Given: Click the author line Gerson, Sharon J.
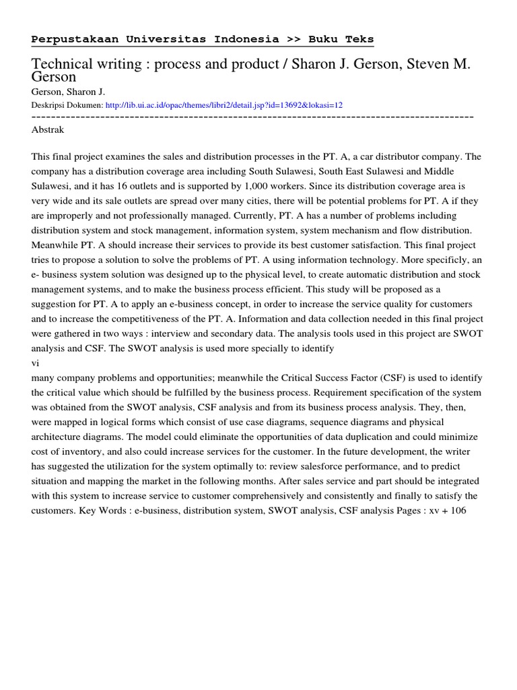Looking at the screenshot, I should click(69, 92).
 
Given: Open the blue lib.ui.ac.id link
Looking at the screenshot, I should click(224, 105).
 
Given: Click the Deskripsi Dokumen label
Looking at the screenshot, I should click(67, 105).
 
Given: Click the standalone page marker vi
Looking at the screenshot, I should click(36, 362).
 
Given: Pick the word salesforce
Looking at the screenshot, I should click(317, 466).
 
